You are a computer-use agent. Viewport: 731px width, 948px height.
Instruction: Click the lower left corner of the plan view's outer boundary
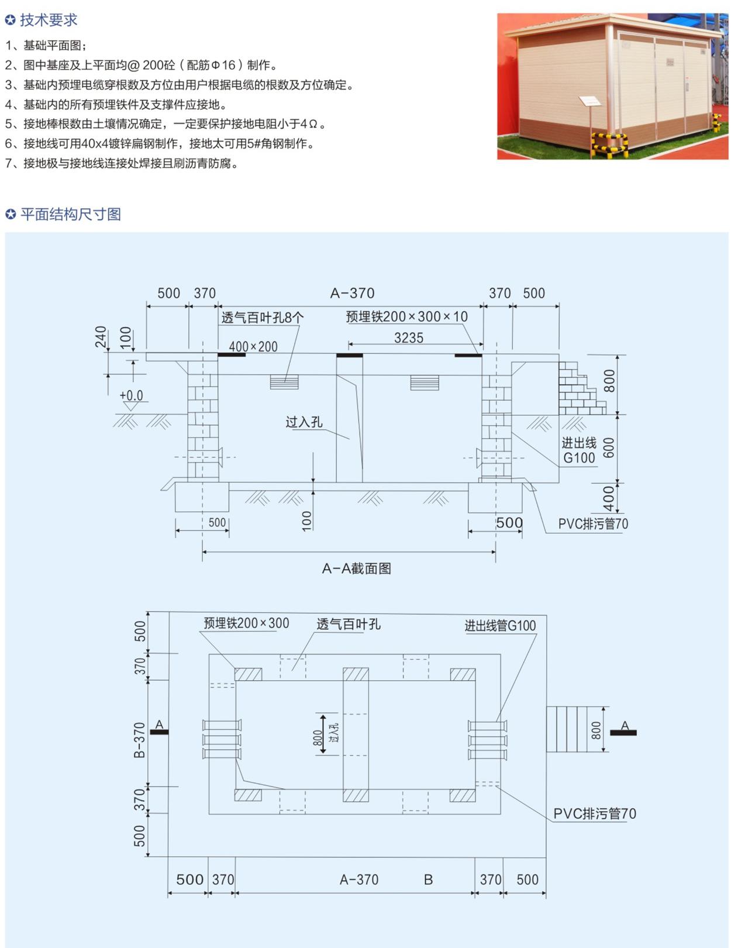pyautogui.click(x=168, y=857)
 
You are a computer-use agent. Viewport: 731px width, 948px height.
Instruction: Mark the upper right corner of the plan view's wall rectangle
pyautogui.click(x=500, y=654)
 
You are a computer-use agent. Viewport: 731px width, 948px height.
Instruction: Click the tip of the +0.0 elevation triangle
pyautogui.click(x=130, y=410)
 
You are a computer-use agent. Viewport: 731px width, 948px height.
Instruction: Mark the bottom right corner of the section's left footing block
pyautogui.click(x=229, y=511)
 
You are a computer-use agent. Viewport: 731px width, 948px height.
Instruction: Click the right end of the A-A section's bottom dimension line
pyautogui.click(x=495, y=552)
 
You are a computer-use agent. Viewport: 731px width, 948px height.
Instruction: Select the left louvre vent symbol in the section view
pyautogui.click(x=284, y=382)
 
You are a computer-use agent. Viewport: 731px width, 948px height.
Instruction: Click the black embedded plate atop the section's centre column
pyautogui.click(x=349, y=356)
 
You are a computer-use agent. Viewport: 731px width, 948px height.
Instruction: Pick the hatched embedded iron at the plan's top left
pyautogui.click(x=248, y=674)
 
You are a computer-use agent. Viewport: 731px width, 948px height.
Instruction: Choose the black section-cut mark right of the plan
pyautogui.click(x=623, y=733)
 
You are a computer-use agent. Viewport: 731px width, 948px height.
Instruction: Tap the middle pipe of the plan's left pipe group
pyautogui.click(x=222, y=739)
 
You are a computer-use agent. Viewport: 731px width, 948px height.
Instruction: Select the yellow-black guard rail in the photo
pyautogui.click(x=610, y=144)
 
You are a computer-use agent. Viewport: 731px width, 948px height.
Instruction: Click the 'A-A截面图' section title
pyautogui.click(x=356, y=568)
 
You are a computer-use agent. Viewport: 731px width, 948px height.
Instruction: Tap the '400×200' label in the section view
pyautogui.click(x=253, y=347)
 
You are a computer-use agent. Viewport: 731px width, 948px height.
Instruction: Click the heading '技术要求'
pyautogui.click(x=49, y=20)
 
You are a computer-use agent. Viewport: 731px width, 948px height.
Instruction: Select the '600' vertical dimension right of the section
pyautogui.click(x=608, y=448)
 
